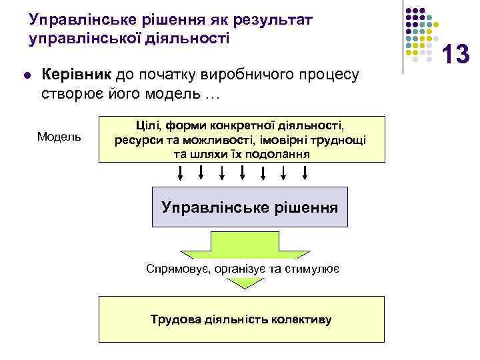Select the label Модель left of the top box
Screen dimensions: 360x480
(59, 137)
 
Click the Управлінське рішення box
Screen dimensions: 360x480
(249, 207)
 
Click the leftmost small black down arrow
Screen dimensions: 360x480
(181, 173)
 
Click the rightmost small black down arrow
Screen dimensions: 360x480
(305, 173)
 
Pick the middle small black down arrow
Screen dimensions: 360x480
(243, 173)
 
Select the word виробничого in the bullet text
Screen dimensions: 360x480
(237, 75)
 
